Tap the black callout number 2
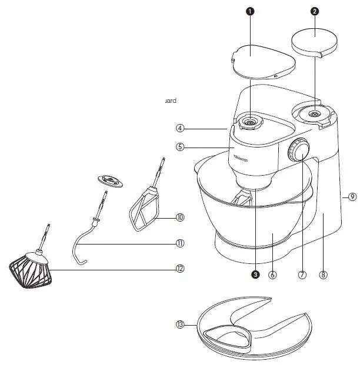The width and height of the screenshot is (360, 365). tap(315, 11)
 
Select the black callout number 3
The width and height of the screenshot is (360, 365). tap(255, 273)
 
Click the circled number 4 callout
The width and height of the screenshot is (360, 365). tap(181, 128)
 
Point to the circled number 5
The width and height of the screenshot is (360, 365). tap(181, 146)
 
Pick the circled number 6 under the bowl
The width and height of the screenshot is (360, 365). tap(272, 274)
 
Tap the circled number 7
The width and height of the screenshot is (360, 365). tap(302, 274)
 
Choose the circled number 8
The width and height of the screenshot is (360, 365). tap(324, 274)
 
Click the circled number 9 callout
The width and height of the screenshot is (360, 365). tap(352, 197)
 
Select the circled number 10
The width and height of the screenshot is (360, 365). tap(180, 217)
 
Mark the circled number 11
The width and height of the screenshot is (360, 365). tap(180, 243)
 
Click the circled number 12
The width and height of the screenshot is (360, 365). tap(180, 269)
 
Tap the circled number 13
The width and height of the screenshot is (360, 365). tap(180, 324)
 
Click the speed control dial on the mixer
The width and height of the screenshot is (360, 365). tap(299, 151)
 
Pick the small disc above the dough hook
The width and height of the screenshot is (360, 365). tap(109, 180)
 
